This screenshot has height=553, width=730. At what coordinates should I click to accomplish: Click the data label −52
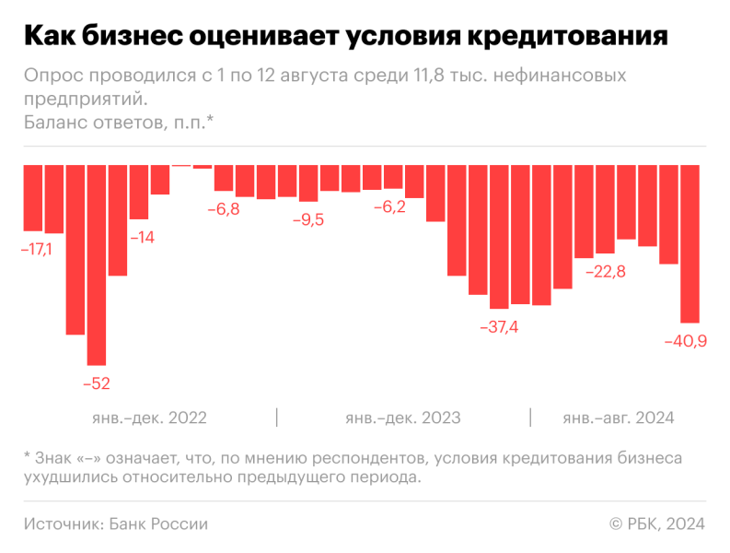click(x=96, y=383)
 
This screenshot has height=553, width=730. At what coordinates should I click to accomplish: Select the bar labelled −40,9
click(x=689, y=242)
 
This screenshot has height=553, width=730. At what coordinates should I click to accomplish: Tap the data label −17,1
click(x=35, y=250)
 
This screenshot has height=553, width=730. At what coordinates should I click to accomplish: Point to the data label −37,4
click(x=498, y=327)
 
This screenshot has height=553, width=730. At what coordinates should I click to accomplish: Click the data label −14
click(x=142, y=237)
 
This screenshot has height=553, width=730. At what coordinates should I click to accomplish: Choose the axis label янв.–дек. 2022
click(x=149, y=418)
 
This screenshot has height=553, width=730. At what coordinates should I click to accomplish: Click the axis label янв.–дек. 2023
click(x=403, y=418)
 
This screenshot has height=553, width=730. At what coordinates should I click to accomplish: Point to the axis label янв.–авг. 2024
click(x=619, y=418)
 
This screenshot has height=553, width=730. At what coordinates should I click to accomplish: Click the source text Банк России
click(x=158, y=524)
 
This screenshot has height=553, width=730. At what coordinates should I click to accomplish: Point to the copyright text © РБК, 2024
click(x=656, y=524)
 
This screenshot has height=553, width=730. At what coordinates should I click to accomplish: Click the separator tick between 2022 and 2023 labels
click(x=277, y=418)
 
